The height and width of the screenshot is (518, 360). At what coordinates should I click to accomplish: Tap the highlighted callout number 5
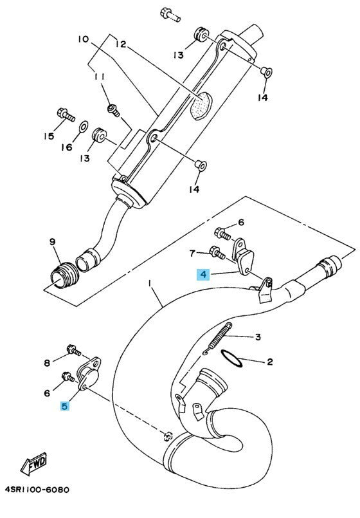(x=64, y=405)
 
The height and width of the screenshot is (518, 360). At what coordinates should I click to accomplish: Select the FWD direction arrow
(x=34, y=463)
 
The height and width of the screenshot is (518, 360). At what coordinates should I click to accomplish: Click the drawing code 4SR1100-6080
(x=37, y=489)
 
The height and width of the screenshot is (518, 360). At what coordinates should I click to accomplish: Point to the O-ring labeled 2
(x=231, y=358)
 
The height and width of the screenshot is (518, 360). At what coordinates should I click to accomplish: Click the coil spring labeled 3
(x=219, y=338)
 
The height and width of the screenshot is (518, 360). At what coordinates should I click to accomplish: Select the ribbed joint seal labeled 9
(x=65, y=275)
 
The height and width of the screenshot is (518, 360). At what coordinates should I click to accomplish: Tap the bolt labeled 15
(x=66, y=115)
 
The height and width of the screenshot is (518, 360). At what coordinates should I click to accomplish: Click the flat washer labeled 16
(x=84, y=126)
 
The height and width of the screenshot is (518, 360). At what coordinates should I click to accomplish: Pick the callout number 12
(x=121, y=44)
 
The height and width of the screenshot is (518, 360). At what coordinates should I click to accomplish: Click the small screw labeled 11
(x=114, y=110)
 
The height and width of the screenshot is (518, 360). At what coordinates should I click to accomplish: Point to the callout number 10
(x=84, y=39)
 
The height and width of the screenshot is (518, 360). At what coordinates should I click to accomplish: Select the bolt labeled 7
(x=217, y=253)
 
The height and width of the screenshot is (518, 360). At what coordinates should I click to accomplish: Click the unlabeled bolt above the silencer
(x=170, y=15)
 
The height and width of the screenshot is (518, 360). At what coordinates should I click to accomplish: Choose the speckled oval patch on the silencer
(x=201, y=105)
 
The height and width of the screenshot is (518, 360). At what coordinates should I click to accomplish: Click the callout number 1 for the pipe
(x=150, y=283)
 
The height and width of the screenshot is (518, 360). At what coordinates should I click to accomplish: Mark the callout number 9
(x=53, y=242)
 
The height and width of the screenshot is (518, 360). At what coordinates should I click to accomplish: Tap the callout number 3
(x=258, y=337)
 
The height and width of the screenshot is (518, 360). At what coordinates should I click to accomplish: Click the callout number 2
(x=270, y=362)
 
